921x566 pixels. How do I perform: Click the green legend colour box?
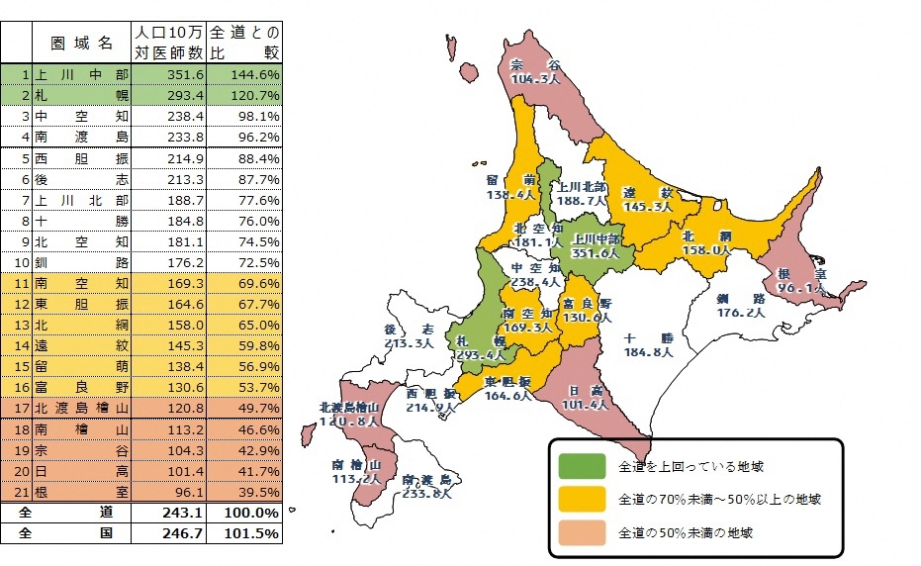(581, 465)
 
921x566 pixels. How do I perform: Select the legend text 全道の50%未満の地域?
(685, 532)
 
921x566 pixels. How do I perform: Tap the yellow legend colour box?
(581, 499)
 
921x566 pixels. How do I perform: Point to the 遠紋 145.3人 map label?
(647, 200)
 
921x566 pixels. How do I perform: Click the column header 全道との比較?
(245, 45)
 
